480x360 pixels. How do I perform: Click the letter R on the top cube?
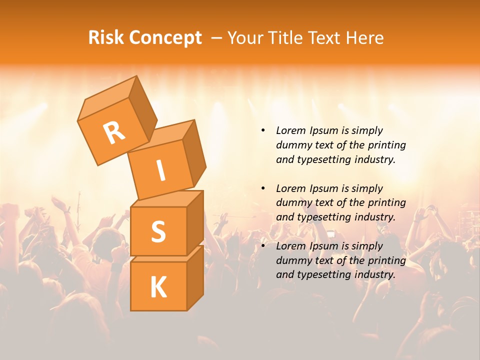click(114, 132)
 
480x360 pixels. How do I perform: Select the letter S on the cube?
click(158, 231)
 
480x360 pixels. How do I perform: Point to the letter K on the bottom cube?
click(158, 287)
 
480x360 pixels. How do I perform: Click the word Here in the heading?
click(365, 38)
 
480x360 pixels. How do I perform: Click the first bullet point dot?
click(263, 131)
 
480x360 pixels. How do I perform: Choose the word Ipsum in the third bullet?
click(323, 246)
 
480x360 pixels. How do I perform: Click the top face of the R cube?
click(107, 99)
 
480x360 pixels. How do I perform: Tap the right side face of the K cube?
click(195, 277)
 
